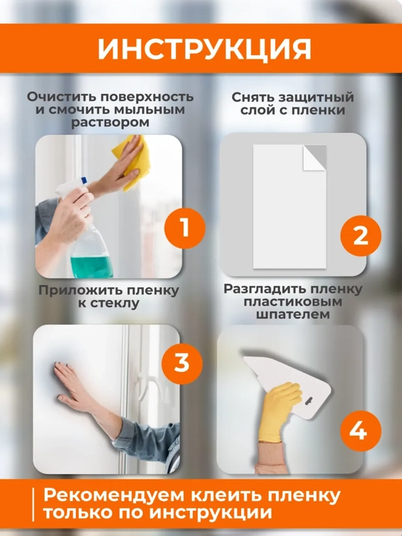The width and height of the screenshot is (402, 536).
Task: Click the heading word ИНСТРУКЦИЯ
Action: pos(205,49)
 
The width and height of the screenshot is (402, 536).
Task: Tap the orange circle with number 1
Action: pos(185,228)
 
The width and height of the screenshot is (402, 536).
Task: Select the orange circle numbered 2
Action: pos(360,235)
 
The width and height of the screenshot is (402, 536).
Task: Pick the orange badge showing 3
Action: pos(182,363)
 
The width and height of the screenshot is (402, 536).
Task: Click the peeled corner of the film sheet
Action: pos(314,158)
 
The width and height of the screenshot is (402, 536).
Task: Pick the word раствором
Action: pos(110,123)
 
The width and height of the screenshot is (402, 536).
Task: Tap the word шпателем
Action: pos(293,314)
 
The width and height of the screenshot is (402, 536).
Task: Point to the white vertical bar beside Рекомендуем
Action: pos(33,505)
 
